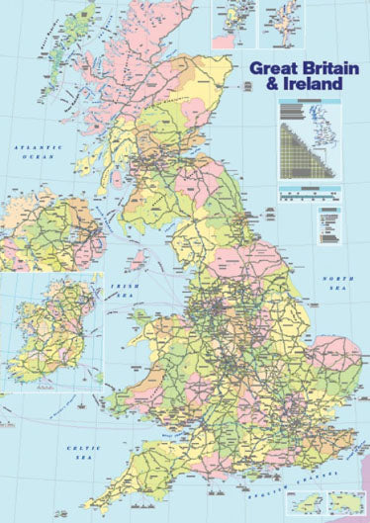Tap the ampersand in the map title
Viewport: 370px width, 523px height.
point(260,85)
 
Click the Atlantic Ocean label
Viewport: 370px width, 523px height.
point(32,150)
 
